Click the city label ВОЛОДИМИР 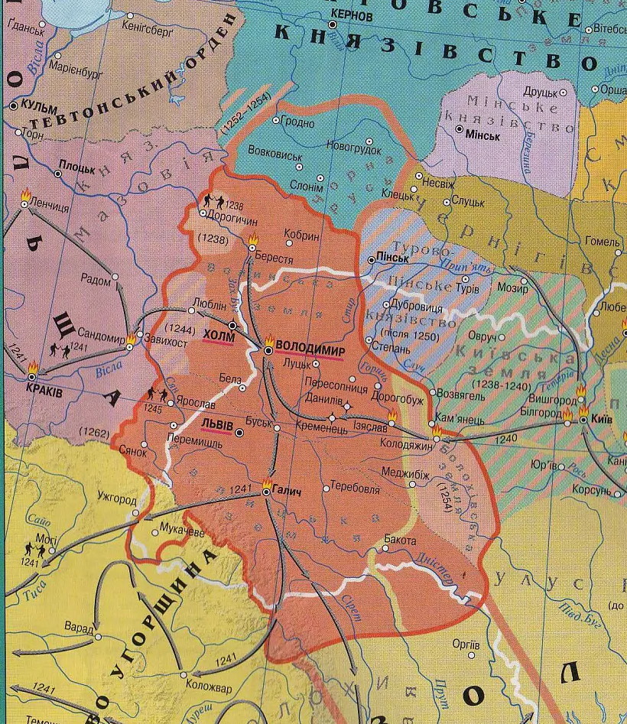310,345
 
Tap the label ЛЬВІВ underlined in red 217,423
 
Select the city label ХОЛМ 219,334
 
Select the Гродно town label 298,122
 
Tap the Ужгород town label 116,501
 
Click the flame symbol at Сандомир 131,338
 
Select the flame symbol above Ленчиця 26,195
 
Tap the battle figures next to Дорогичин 213,203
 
